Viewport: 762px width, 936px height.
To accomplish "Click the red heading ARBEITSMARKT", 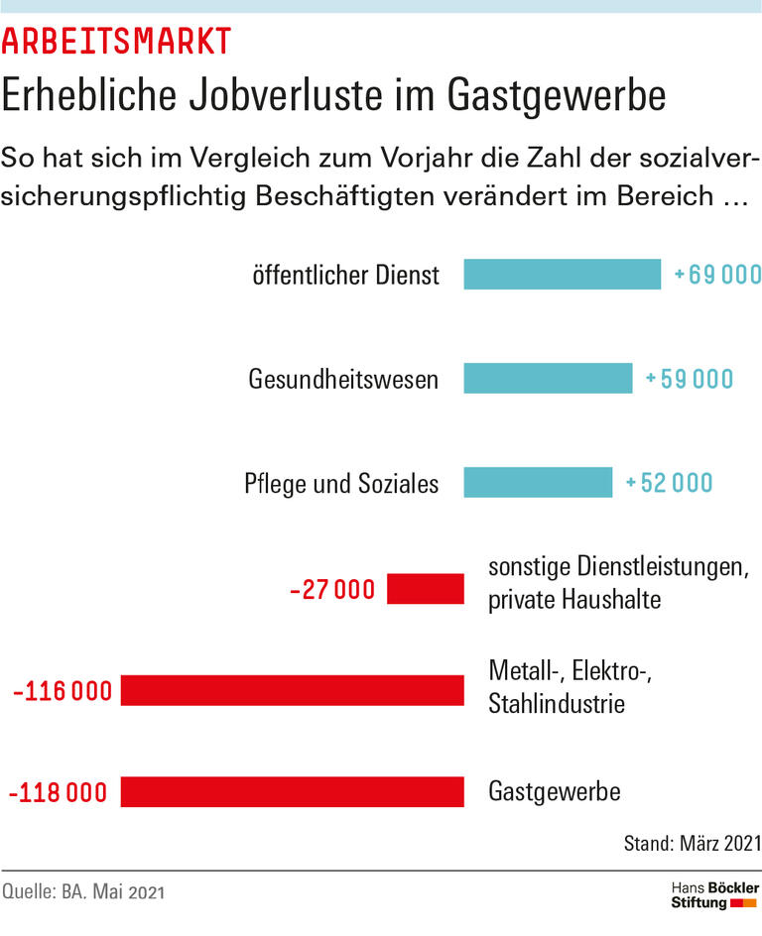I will click(116, 41).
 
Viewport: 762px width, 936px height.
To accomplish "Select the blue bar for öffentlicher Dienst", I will click(562, 275).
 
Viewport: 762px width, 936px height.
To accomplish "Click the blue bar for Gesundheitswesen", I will click(548, 378).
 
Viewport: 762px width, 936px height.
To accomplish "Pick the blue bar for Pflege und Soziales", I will click(538, 483).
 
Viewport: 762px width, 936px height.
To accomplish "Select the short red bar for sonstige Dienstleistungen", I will click(425, 589).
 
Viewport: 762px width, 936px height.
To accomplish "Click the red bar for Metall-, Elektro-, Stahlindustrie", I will click(292, 690).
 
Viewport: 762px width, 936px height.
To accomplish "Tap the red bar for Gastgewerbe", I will click(292, 792).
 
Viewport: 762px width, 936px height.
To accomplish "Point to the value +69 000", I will click(716, 275).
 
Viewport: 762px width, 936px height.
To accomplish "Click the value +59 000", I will click(689, 379).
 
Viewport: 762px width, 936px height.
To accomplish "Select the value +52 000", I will click(669, 483).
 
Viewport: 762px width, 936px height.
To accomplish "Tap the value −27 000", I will click(332, 590).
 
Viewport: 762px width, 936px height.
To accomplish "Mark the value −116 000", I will click(62, 691).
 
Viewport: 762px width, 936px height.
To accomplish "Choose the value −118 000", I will click(58, 793).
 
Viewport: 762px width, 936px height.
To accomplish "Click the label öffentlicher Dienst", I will click(345, 275).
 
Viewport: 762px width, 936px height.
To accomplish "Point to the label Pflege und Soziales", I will click(341, 484).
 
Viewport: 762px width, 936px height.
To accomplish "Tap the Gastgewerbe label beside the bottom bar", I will click(554, 792).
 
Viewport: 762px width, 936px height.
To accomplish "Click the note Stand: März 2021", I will click(692, 844).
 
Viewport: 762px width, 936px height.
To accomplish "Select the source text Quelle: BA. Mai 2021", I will click(82, 892).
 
